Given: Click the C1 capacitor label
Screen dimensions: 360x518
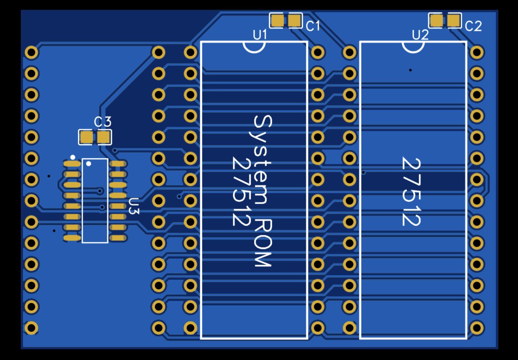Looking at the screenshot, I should [313, 26].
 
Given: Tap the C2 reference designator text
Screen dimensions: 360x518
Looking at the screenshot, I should [473, 26].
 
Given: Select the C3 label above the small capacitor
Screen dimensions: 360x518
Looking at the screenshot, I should [102, 122].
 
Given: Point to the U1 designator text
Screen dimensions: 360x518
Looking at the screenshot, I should [260, 35].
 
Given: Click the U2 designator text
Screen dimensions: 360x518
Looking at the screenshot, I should [420, 35].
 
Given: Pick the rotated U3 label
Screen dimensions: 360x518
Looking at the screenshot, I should [134, 206].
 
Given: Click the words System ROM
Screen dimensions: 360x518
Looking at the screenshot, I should [263, 191].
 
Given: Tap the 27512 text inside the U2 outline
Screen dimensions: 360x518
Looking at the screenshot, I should [411, 192].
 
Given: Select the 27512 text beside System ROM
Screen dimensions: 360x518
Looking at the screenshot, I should [241, 191].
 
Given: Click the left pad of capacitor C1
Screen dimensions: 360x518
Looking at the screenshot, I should [277, 21].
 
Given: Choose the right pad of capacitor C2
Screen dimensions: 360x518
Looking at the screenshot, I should [454, 20].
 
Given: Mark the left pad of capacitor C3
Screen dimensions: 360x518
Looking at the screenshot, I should [86, 137].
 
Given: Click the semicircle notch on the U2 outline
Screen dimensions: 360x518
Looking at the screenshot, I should [413, 47].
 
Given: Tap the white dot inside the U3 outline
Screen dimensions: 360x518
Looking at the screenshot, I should [89, 163].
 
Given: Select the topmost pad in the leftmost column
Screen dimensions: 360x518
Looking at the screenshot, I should [32, 52].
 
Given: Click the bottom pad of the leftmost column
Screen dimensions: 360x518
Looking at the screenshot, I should [31, 328].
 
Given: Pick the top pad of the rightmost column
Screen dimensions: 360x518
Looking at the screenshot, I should [477, 52].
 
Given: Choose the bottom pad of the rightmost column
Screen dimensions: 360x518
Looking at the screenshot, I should [477, 328].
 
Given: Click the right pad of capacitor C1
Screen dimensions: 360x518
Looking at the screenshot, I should [295, 21].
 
